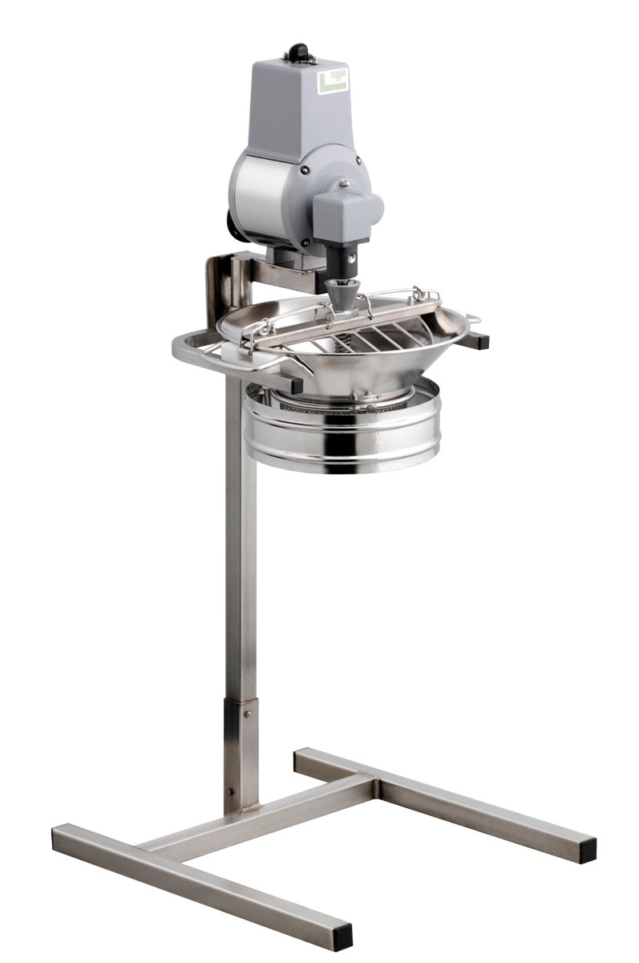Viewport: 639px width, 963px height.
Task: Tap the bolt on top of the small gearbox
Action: click(x=346, y=184)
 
